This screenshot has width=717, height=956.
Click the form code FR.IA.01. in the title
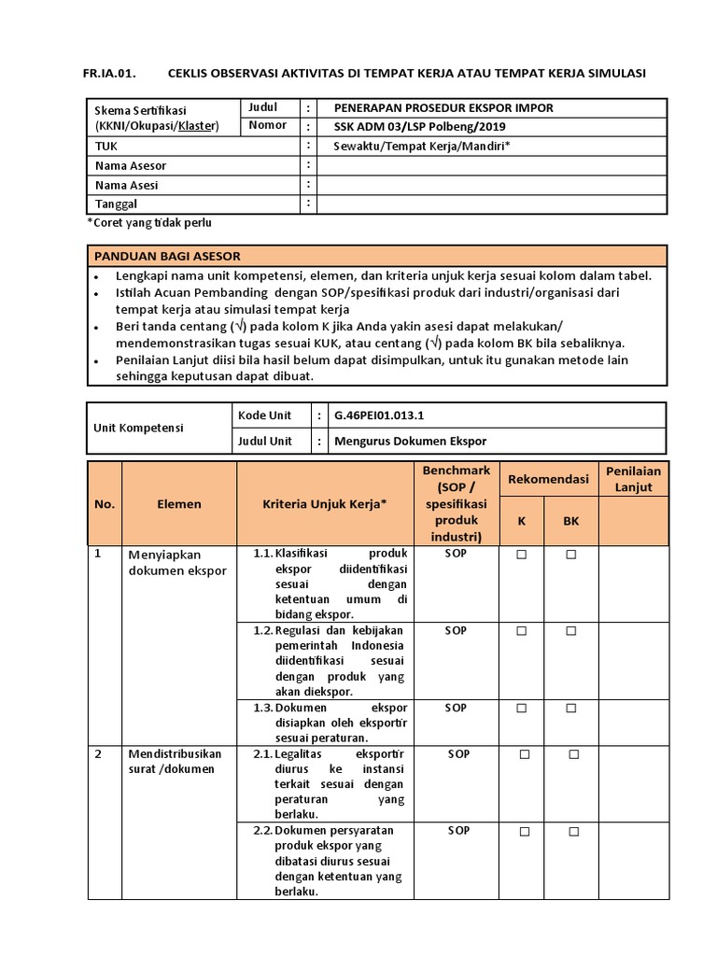(x=115, y=73)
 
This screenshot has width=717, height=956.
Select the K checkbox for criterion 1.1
(x=522, y=555)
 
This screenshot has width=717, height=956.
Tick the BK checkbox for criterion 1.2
(x=570, y=631)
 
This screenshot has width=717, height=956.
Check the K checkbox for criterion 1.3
(x=522, y=709)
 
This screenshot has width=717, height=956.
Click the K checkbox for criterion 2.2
(x=524, y=831)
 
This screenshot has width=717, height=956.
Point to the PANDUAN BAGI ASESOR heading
(x=167, y=256)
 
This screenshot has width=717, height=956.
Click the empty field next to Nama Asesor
(x=492, y=166)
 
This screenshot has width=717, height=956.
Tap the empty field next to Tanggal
(x=492, y=204)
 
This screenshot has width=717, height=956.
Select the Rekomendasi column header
(x=548, y=479)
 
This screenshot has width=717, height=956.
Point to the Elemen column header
(x=179, y=503)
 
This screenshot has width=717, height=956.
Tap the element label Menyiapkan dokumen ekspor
(x=176, y=562)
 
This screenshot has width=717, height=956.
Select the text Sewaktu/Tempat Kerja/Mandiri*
(x=421, y=147)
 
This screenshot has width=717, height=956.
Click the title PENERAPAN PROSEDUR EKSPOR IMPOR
(x=443, y=107)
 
